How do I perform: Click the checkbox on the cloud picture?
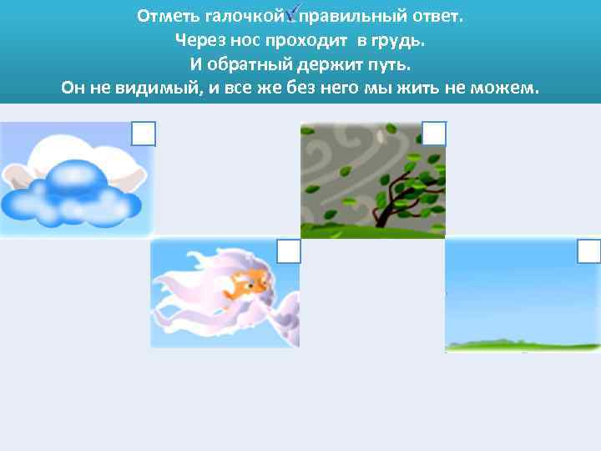(144, 134)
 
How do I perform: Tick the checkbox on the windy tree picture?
(434, 134)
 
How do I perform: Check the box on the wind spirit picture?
(289, 251)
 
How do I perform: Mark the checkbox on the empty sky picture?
(588, 251)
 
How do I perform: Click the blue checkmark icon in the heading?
(292, 14)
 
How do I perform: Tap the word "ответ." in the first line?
(433, 17)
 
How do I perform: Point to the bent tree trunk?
(392, 200)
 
